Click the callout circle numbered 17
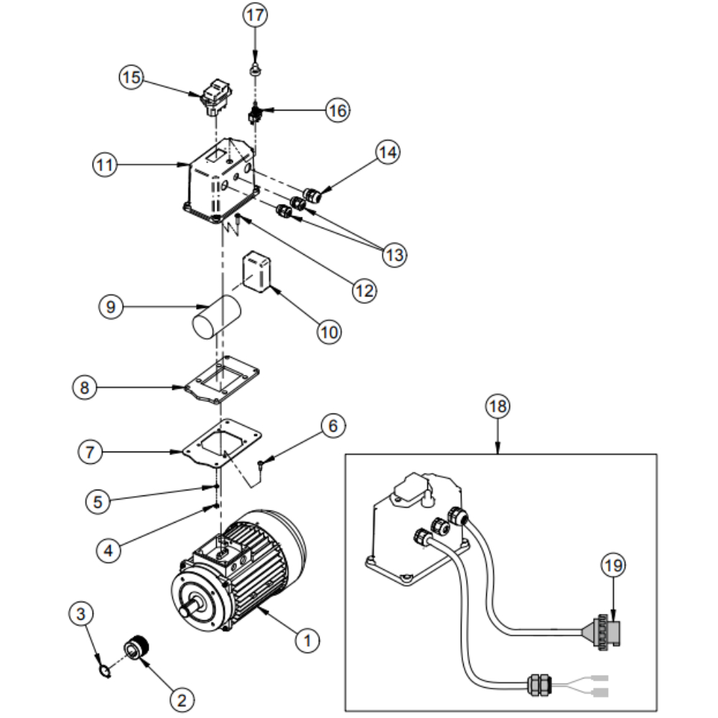255,15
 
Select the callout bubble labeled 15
131,77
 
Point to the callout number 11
105,165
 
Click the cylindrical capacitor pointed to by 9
217,317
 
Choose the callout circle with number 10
330,332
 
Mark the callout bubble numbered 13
395,255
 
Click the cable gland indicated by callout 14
312,195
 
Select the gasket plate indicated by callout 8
222,380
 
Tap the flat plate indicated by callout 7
222,443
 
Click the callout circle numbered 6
333,426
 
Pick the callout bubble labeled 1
307,640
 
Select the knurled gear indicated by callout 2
137,648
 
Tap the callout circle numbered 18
498,406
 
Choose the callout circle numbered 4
108,550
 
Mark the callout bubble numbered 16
338,111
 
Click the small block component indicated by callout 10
257,271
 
